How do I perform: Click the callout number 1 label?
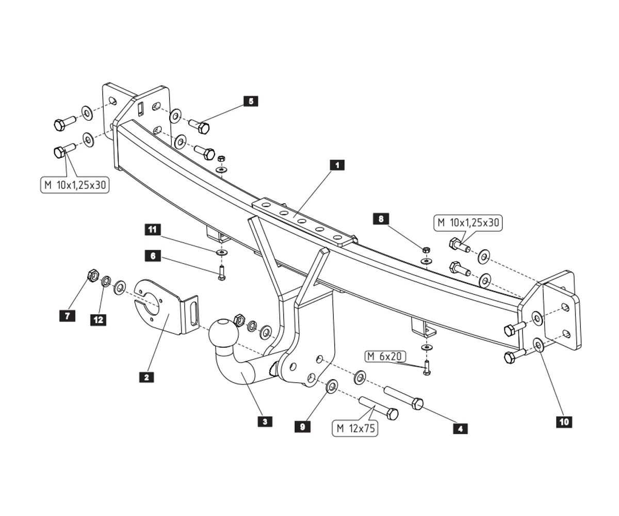coord(337,165)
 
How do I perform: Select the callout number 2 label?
coord(146,377)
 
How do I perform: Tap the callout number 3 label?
coord(265,422)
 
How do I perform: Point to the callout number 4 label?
coord(460,428)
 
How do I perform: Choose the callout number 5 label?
coord(251,101)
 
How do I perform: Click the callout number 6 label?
coord(153,255)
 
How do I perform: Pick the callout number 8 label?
coord(381,219)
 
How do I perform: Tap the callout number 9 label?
coord(302,426)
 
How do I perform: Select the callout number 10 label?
coord(564,422)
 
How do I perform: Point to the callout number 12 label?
coord(98,320)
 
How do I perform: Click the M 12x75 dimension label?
coord(356,428)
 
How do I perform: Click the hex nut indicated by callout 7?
coord(93,275)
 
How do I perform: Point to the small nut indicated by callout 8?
coord(426,250)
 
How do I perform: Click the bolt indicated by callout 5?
coord(200,126)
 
